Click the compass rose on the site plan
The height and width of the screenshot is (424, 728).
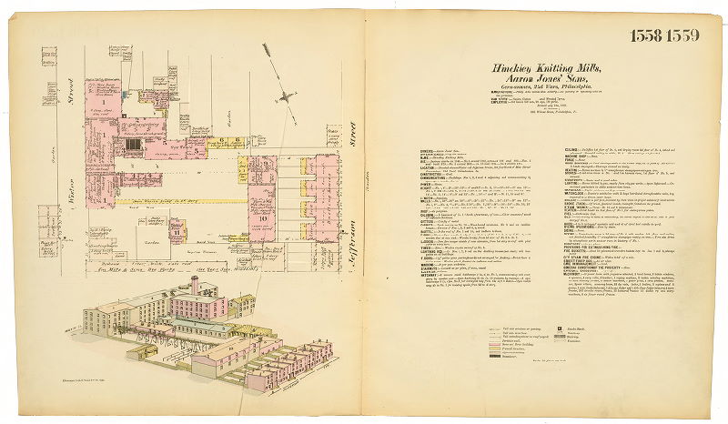click(288, 96)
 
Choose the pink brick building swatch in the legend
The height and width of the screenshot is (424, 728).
click(485, 356)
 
